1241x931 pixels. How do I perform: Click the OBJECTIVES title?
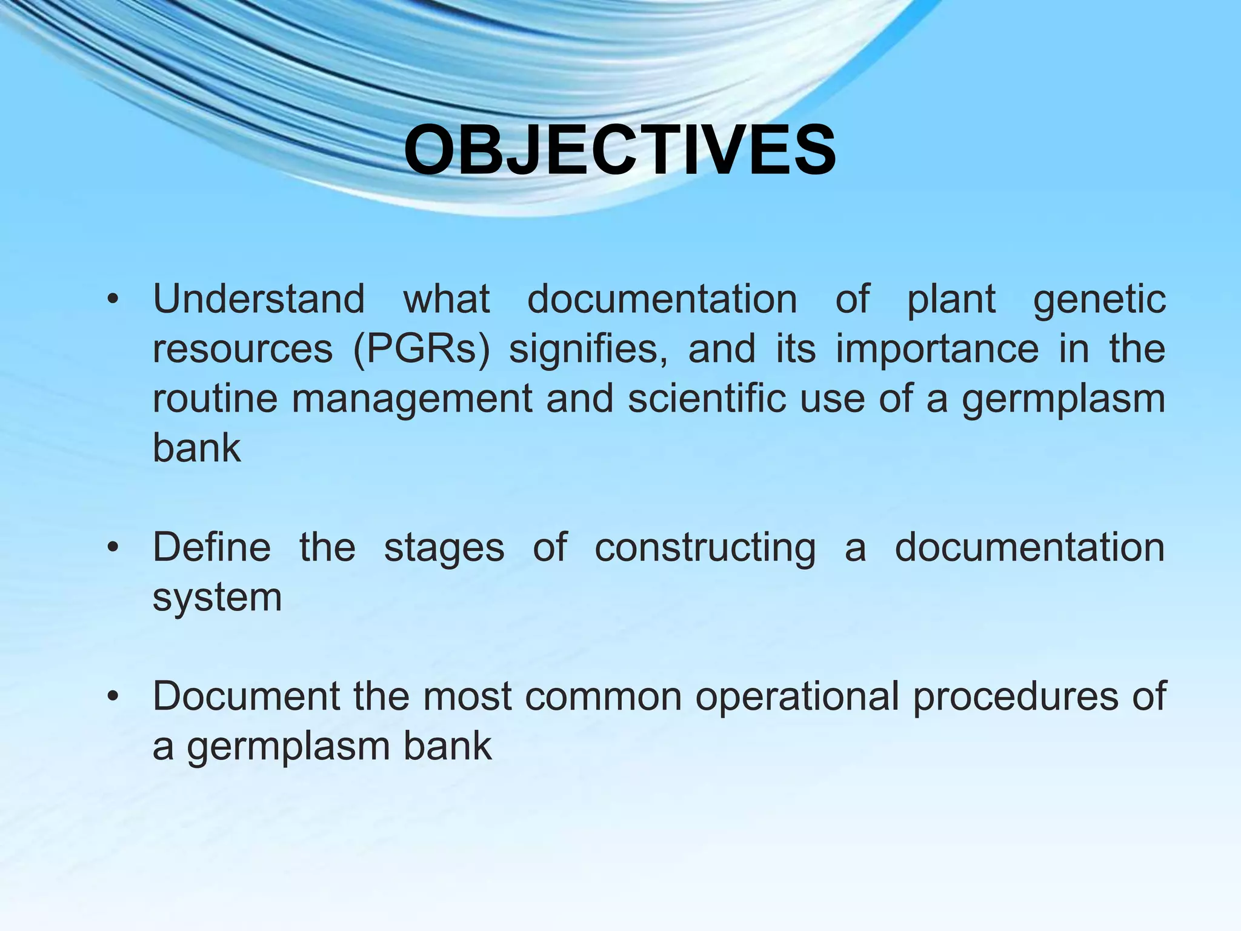(620, 150)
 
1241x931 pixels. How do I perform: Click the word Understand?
(259, 299)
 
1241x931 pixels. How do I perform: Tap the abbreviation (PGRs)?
(421, 350)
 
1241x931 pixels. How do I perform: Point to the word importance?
(937, 350)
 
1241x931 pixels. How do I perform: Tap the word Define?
(211, 547)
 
